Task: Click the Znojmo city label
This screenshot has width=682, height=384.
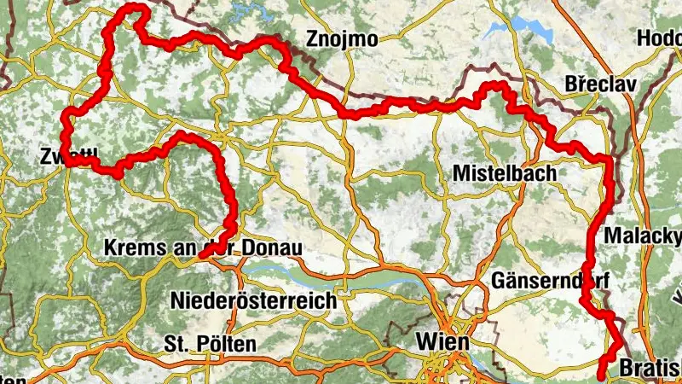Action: click(343, 38)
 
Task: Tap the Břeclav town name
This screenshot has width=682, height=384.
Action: click(598, 85)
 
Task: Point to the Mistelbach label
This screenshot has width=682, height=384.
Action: click(504, 173)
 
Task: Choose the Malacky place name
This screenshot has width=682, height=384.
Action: click(642, 235)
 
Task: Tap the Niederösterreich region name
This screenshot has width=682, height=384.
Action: click(254, 300)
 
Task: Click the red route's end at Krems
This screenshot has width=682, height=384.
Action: click(201, 253)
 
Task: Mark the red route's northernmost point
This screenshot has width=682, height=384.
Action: click(132, 8)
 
